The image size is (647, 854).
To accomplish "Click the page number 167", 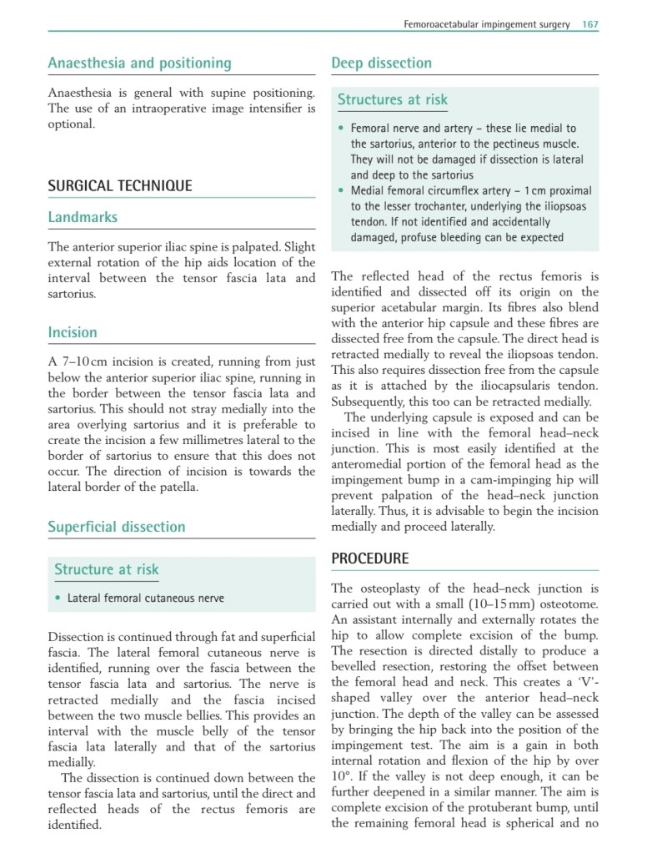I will (x=590, y=24).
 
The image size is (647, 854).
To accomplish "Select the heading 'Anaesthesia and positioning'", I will (x=139, y=63).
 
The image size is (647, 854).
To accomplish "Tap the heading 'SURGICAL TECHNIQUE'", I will (x=119, y=185).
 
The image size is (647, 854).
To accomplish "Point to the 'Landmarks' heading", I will (x=83, y=217).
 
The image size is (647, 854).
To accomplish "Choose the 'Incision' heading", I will (x=73, y=332).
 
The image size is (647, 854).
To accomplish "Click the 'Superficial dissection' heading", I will (x=117, y=527).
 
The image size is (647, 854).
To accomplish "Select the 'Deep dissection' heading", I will (x=381, y=63).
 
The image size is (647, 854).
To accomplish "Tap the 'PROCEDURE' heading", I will (x=369, y=558).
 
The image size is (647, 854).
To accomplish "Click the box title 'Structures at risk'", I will (x=392, y=100).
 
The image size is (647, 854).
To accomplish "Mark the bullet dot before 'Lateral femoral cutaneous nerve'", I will (x=58, y=599).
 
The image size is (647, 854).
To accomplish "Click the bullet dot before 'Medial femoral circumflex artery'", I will (x=341, y=191).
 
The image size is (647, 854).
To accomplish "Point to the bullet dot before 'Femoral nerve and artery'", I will (x=341, y=129).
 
